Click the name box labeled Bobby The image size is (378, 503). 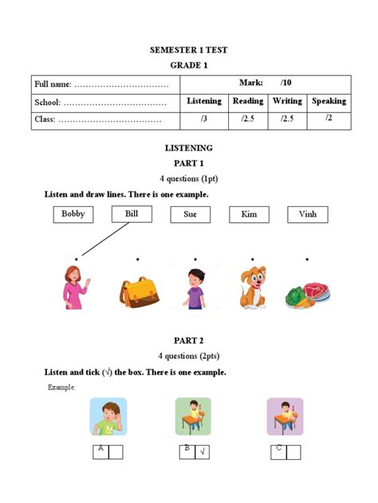tap(73, 213)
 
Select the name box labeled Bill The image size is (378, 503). tap(132, 213)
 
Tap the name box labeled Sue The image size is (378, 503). tap(190, 214)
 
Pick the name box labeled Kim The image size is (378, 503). tap(248, 214)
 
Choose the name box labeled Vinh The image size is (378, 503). tap(307, 214)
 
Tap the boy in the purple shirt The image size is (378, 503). tap(194, 288)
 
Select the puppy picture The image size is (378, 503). tap(252, 289)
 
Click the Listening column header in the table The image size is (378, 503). tap(204, 101)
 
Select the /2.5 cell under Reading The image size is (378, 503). tap(247, 119)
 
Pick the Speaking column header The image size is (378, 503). tap(329, 101)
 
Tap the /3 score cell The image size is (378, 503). tap(204, 119)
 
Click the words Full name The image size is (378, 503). tap(53, 84)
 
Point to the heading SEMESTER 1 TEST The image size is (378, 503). tap(189, 50)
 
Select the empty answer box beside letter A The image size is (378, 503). tap(116, 452)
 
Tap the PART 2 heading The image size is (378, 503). tap(189, 340)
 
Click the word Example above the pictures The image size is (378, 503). tap(61, 387)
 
